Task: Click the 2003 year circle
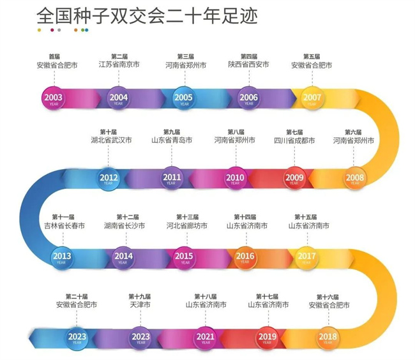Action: [53, 98]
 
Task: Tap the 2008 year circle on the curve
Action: [355, 177]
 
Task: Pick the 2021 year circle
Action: [205, 336]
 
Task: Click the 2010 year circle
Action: [235, 178]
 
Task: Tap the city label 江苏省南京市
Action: [119, 64]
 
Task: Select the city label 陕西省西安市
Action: [248, 64]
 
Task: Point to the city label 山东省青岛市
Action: [172, 140]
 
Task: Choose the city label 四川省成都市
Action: [294, 140]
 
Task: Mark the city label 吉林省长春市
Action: [63, 225]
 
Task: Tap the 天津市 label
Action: [140, 305]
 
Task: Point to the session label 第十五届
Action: [308, 217]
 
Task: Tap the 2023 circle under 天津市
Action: [140, 336]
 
